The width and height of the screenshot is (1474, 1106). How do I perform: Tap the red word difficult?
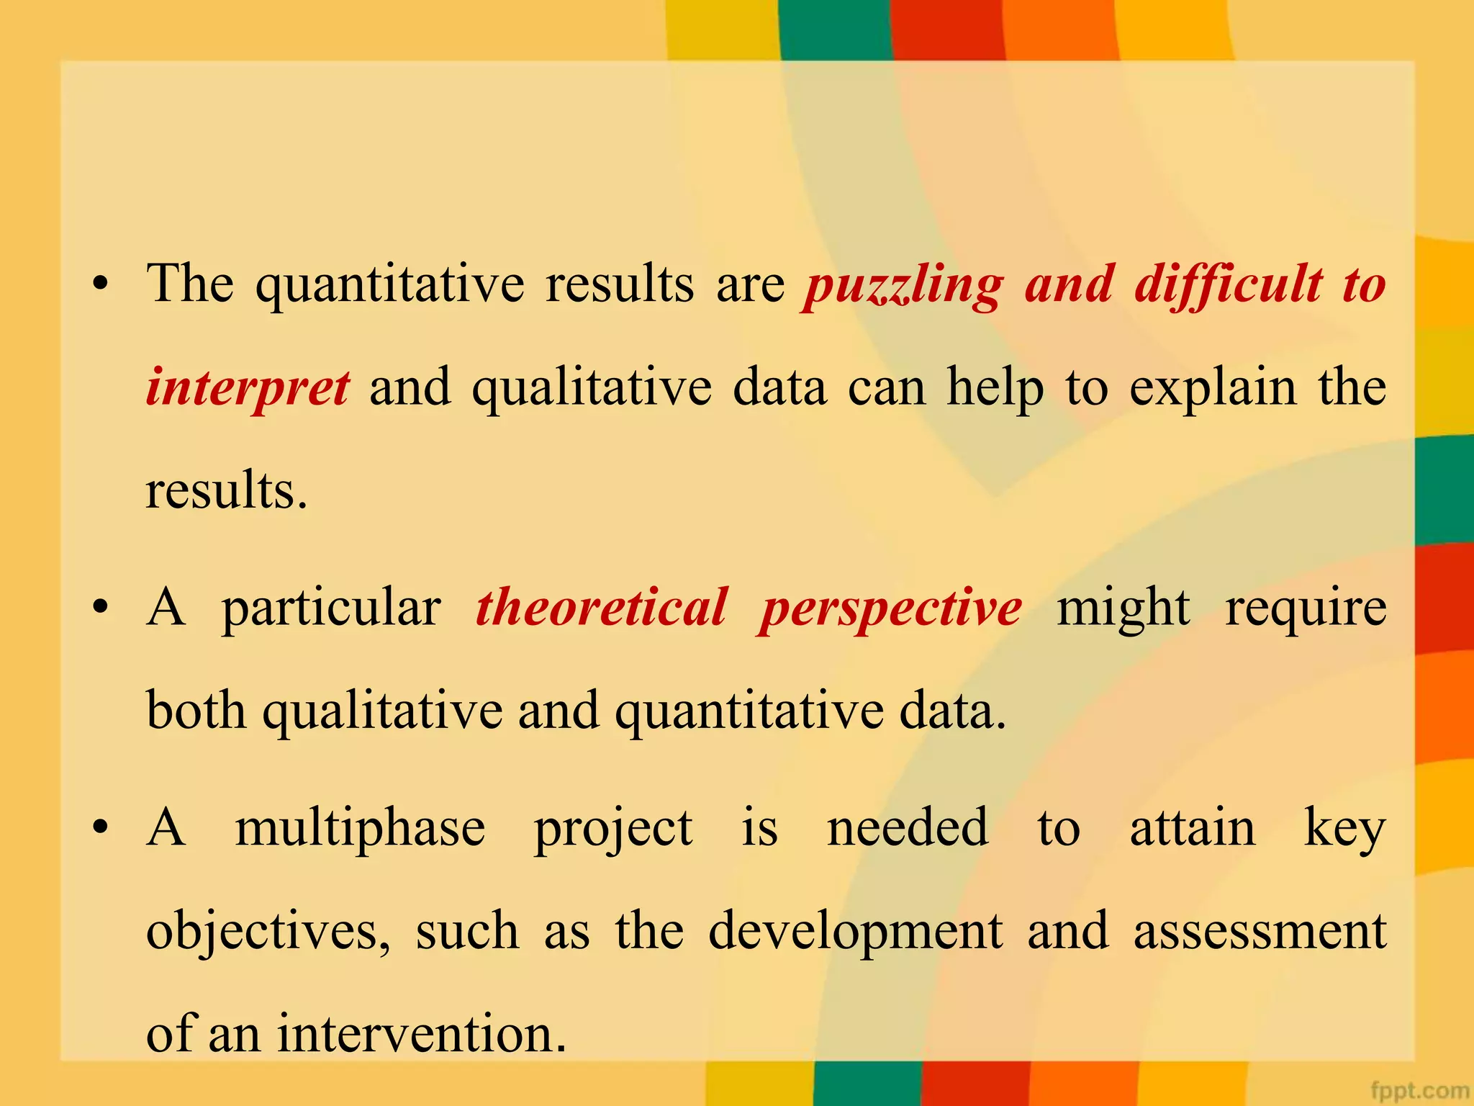pos(1228,285)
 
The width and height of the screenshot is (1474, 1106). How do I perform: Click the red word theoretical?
pos(601,608)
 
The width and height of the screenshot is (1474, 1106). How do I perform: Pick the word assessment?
pos(1260,932)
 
